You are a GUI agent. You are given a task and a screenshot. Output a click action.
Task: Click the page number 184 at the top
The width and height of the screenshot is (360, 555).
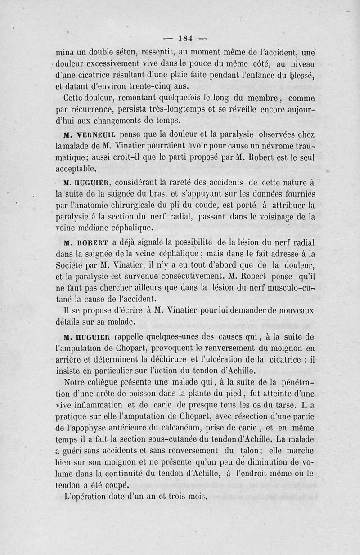[x=184, y=37]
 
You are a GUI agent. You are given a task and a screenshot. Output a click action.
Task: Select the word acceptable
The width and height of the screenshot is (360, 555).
[x=76, y=169]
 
